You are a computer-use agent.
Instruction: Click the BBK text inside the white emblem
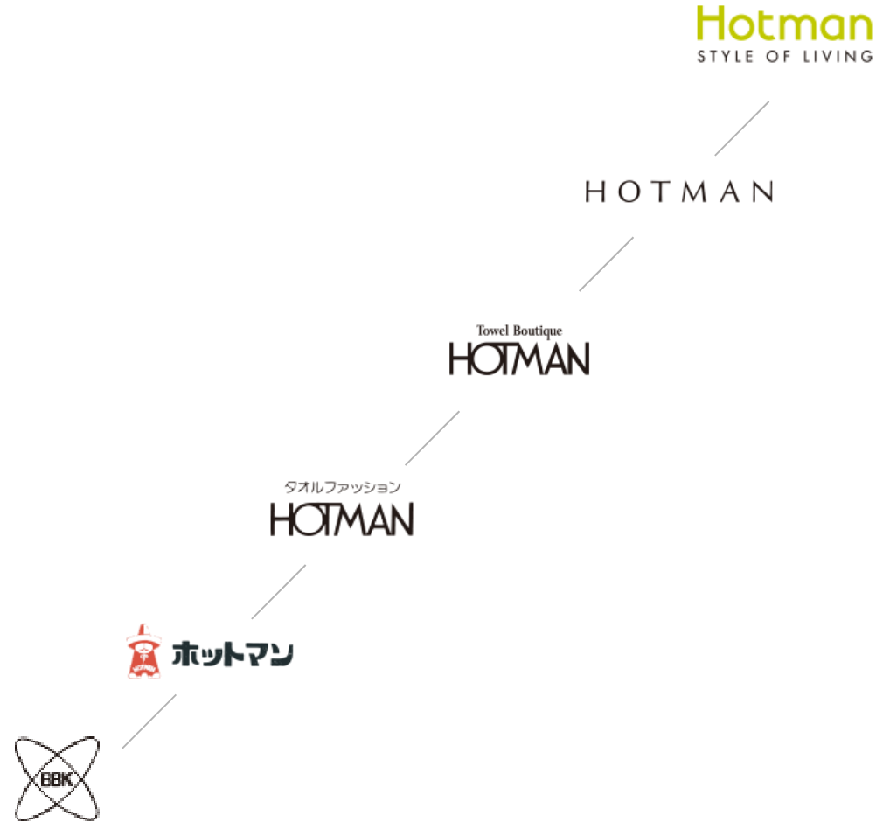tap(57, 778)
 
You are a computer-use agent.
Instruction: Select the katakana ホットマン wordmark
tap(233, 653)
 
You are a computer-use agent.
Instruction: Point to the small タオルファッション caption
tap(344, 488)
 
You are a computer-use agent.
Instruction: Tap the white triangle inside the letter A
tap(379, 522)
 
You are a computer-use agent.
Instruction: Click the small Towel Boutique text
tap(518, 331)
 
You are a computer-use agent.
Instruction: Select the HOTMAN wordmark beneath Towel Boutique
tap(520, 359)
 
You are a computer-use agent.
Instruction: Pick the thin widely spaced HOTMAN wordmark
tap(679, 192)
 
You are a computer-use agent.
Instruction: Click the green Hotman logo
tap(784, 24)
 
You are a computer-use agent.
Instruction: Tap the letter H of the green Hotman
tap(713, 24)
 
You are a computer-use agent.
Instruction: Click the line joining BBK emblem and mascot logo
tap(149, 721)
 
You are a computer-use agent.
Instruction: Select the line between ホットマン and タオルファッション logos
tap(279, 591)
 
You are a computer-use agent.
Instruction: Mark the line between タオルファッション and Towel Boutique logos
tap(433, 437)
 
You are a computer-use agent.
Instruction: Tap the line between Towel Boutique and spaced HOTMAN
tap(607, 263)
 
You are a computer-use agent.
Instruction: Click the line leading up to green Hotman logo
tap(742, 129)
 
